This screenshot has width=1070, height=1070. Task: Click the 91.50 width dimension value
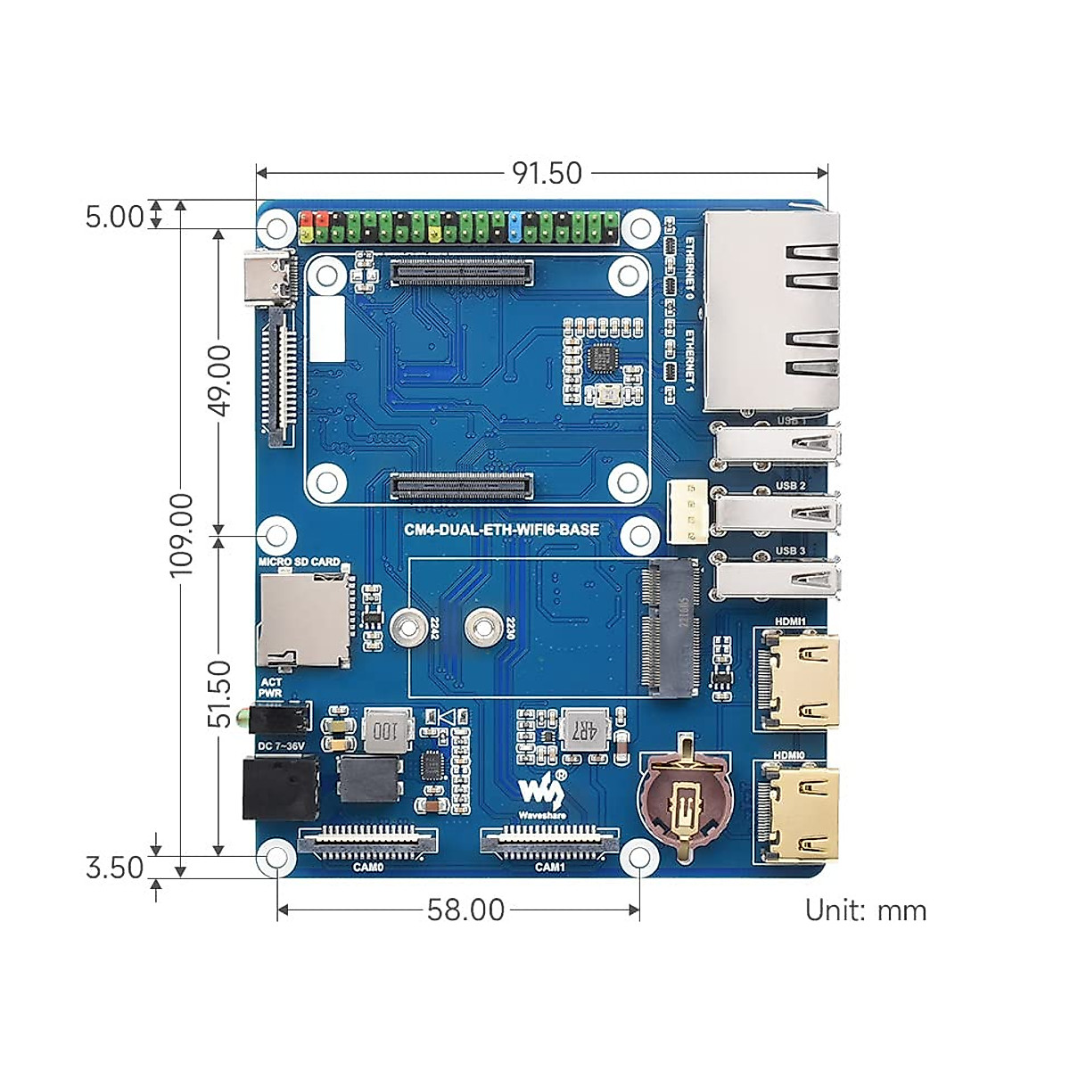tap(547, 173)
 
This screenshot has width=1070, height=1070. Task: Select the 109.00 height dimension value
tap(181, 533)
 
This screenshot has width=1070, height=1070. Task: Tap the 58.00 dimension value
tap(465, 909)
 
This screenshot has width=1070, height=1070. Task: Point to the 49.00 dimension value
tap(219, 381)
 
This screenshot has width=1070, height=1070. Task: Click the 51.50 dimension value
tap(219, 694)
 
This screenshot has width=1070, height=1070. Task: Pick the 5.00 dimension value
tap(114, 217)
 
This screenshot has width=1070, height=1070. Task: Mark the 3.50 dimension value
tap(114, 867)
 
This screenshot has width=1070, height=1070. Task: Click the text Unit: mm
tap(865, 910)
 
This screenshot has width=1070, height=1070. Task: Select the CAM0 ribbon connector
tap(368, 840)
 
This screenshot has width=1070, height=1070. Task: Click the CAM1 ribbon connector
tap(549, 840)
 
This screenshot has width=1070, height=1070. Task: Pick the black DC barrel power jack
tap(280, 786)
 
